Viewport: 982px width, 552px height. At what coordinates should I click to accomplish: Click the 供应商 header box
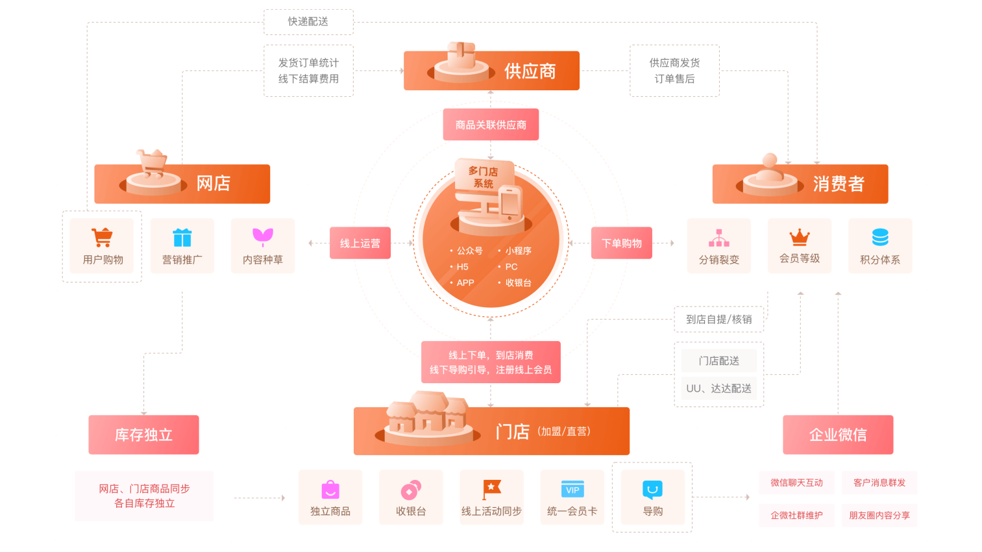click(491, 71)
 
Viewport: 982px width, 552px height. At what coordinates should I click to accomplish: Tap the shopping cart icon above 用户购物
click(102, 238)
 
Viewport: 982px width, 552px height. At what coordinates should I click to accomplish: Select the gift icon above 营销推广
click(182, 238)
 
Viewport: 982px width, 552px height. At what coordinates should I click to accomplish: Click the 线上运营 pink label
click(360, 243)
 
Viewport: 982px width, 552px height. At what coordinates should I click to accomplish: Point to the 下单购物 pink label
click(621, 243)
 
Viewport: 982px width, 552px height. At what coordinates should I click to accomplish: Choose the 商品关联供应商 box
click(491, 125)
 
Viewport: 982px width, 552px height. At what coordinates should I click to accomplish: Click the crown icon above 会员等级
click(800, 237)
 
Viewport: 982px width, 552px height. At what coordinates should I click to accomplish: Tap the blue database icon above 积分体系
click(880, 237)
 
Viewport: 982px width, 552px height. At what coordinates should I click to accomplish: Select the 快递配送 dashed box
click(308, 22)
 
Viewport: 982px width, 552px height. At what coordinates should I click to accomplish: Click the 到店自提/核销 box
click(718, 320)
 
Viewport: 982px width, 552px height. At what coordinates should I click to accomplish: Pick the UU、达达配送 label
click(718, 388)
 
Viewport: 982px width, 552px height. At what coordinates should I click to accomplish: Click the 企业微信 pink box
click(838, 434)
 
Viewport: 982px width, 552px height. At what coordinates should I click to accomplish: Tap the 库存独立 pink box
click(143, 434)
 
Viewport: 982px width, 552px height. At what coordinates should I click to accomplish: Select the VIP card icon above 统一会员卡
click(572, 490)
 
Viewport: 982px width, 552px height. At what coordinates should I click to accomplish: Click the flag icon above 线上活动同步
click(491, 489)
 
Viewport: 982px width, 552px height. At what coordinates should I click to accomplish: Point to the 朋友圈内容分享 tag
click(879, 516)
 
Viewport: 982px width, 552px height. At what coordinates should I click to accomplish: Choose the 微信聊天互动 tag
click(796, 483)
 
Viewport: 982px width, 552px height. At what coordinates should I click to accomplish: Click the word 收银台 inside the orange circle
click(518, 283)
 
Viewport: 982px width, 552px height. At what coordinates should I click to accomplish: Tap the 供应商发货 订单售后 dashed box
click(674, 71)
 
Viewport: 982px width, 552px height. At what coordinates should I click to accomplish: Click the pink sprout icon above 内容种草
click(263, 237)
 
